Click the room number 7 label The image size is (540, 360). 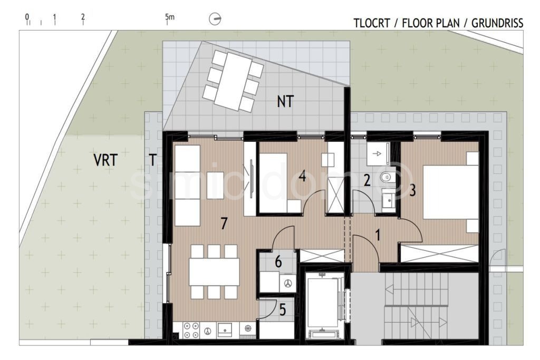pos(224,223)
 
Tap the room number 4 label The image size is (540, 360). pos(302,176)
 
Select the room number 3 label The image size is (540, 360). pos(412,190)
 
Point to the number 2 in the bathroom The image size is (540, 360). pos(367,181)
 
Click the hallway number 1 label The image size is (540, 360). pos(378,236)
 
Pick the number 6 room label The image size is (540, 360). pos(278,262)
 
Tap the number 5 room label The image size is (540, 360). pos(283,310)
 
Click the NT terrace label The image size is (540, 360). pos(285,102)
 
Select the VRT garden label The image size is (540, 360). pos(105,160)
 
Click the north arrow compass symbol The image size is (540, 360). pos(215,19)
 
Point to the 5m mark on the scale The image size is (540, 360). pos(169,16)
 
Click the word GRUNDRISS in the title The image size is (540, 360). pos(497,23)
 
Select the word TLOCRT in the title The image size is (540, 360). pos(372,23)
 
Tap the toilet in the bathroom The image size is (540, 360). pos(387,177)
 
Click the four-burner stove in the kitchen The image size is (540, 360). pos(191,330)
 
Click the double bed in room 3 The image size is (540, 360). pos(450,192)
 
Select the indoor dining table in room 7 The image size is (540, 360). pos(214,271)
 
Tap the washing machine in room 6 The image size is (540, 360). pos(288,283)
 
